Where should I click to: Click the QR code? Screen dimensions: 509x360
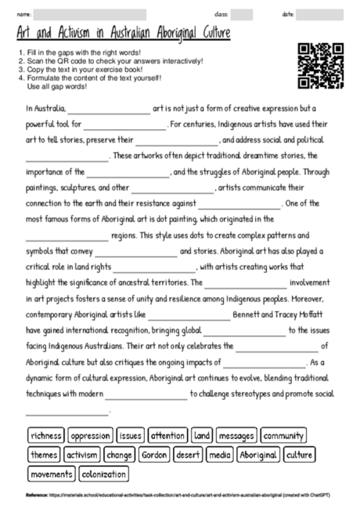321,65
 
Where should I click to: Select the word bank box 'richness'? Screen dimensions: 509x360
46,435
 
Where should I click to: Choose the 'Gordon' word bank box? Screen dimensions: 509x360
155,454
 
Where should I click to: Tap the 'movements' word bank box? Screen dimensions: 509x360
49,474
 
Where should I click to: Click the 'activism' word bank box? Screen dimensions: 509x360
81,454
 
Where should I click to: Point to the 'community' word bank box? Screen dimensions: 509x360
283,435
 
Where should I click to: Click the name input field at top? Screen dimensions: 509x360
89,15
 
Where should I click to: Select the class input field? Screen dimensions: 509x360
241,15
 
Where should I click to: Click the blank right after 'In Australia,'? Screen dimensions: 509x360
109,109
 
